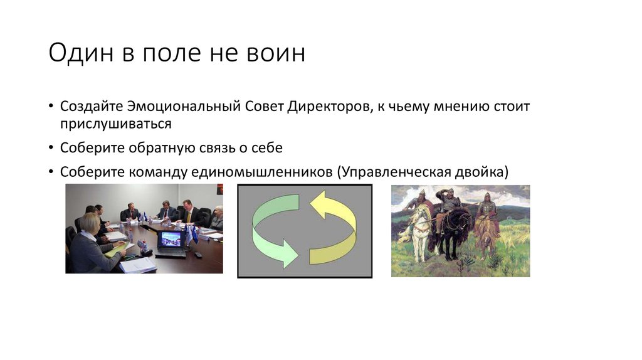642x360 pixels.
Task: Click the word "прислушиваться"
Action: coord(116,124)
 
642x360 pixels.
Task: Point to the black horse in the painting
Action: coord(454,230)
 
